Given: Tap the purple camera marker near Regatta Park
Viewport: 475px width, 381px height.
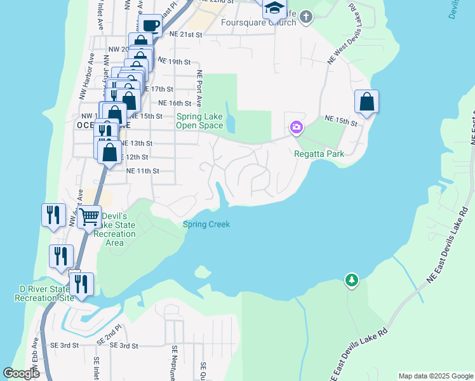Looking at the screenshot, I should [296, 128].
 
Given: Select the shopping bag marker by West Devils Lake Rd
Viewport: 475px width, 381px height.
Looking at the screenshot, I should [366, 102].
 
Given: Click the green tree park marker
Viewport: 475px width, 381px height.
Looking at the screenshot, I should [351, 279].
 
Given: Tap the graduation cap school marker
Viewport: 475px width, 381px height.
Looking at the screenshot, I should [274, 8].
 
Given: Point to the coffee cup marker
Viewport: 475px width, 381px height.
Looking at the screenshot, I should [150, 26].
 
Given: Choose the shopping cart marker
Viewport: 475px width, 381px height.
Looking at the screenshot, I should [89, 217].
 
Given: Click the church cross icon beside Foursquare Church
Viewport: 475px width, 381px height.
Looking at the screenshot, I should [306, 17].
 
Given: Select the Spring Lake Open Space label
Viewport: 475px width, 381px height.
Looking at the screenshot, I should [199, 121].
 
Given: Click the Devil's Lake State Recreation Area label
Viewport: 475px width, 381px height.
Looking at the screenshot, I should [114, 229].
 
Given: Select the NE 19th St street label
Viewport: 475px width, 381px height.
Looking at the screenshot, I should [174, 62].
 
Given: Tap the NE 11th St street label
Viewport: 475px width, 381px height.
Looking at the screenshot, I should [142, 171].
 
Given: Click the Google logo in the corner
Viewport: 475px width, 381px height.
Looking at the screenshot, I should [22, 373].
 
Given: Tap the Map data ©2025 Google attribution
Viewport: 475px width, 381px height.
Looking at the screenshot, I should [436, 376].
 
